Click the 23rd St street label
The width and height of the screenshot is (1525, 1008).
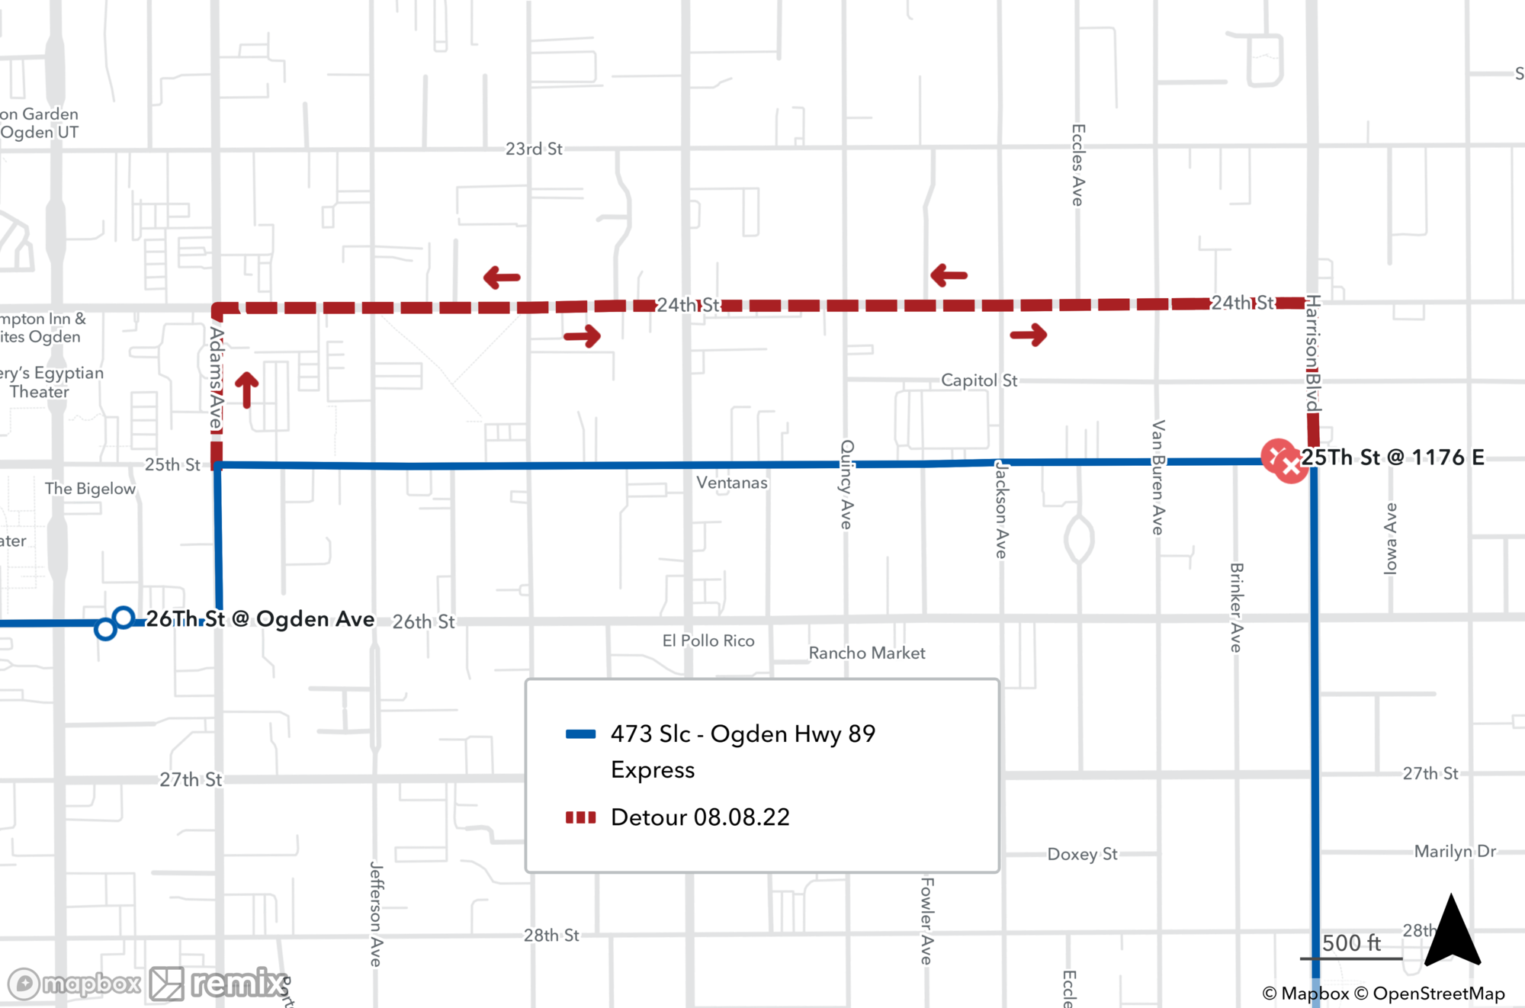tap(534, 149)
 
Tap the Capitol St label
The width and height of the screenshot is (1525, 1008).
tap(978, 380)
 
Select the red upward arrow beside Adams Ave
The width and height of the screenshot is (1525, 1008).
tap(246, 390)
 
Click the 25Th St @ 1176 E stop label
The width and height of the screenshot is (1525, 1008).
tap(1392, 457)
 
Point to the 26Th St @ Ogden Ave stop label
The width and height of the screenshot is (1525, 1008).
tap(260, 618)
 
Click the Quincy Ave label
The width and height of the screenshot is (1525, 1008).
tap(846, 484)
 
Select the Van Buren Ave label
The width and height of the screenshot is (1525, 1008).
tap(1157, 477)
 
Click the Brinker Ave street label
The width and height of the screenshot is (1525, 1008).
tap(1236, 607)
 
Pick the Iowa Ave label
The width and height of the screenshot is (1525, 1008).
tap(1390, 538)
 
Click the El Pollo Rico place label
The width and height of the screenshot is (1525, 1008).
tap(708, 640)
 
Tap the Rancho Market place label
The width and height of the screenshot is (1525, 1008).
tap(867, 653)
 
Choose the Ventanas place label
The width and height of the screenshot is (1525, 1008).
tap(732, 483)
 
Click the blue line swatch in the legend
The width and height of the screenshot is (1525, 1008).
tap(580, 734)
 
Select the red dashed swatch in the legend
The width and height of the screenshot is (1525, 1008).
tap(580, 817)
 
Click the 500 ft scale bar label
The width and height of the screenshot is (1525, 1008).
tap(1351, 943)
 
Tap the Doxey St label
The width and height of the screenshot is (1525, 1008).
tap(1082, 854)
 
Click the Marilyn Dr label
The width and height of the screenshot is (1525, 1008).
tap(1455, 851)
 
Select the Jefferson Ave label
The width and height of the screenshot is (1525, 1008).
tap(375, 913)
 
